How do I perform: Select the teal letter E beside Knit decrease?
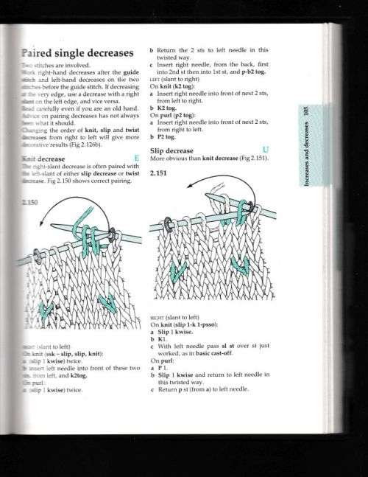137,158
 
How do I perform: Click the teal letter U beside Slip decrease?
275,150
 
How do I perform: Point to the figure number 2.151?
159,174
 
